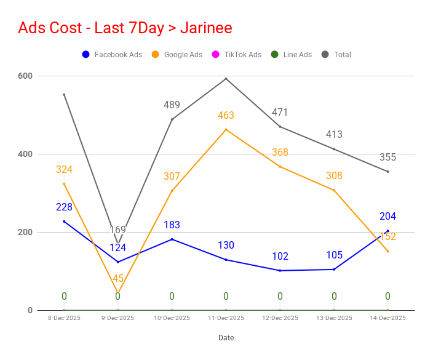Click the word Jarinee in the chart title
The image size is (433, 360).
pos(206,28)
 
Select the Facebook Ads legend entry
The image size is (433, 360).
pos(112,54)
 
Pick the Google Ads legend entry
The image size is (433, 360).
pos(177,54)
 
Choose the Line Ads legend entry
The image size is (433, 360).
pos(292,54)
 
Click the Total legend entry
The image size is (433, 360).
pos(336,54)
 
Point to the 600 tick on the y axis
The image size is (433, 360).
pos(25,76)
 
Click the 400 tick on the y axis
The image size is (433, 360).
pos(25,154)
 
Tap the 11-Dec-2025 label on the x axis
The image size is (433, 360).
pos(226,318)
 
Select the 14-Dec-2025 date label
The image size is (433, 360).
pos(387,318)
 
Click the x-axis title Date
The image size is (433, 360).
pos(226,338)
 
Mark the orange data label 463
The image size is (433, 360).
pos(226,115)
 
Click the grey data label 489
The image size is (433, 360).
pos(172,105)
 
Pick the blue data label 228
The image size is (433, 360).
pos(64,207)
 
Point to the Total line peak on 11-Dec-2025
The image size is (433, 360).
pos(226,79)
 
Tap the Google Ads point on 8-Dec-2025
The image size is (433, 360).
pos(64,184)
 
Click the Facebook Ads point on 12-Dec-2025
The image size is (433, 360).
pos(280,271)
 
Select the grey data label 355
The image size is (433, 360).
pos(387,157)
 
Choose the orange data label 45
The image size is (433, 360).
pos(118,278)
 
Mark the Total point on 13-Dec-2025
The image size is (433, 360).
pos(334,149)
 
